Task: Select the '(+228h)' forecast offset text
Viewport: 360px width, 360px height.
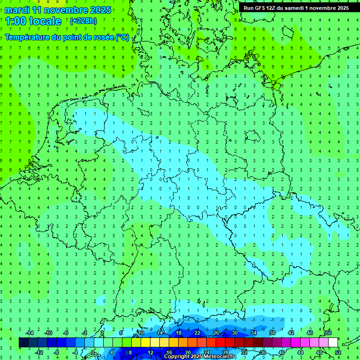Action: click(83, 21)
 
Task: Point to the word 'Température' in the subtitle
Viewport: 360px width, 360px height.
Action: click(28, 37)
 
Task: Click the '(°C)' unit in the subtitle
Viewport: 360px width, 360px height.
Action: click(122, 37)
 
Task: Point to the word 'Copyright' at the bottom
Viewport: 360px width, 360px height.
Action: click(178, 357)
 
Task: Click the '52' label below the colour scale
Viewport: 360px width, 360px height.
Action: click(337, 352)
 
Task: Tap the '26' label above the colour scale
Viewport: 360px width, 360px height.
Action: click(216, 333)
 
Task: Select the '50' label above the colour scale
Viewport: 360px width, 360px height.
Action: click(328, 333)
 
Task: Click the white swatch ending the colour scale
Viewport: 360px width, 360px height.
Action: click(333, 343)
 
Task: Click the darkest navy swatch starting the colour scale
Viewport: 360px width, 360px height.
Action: click(24, 343)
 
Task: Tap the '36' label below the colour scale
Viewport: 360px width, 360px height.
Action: click(262, 352)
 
